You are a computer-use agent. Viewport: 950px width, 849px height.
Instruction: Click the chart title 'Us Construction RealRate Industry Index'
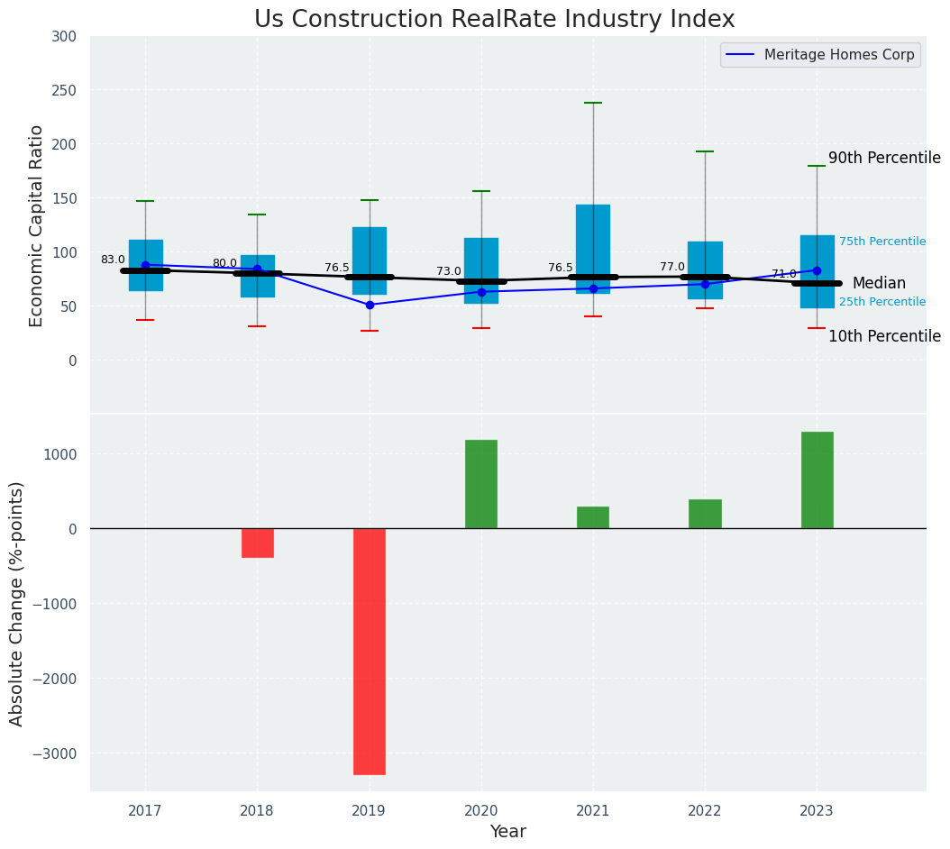[494, 20]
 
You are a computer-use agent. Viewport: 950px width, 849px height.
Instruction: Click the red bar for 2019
[370, 651]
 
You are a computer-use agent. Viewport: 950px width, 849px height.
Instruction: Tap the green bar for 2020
[481, 484]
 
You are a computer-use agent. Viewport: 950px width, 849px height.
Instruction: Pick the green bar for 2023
[817, 479]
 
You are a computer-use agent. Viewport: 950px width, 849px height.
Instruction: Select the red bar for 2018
[258, 543]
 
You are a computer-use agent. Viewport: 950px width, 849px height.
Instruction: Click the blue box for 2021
[593, 249]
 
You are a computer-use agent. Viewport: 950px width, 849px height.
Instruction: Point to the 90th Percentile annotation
[884, 158]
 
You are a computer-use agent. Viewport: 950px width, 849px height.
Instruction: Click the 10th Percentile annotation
[884, 336]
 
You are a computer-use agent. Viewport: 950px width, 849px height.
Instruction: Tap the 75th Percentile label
[882, 242]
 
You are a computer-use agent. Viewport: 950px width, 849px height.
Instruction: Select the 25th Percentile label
[882, 302]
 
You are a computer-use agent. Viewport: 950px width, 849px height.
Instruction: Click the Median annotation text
[879, 283]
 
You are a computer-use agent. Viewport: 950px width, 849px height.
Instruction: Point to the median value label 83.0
[113, 260]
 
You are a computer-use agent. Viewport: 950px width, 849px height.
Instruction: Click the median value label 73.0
[449, 271]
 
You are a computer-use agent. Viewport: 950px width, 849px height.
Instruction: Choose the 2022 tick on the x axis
[705, 810]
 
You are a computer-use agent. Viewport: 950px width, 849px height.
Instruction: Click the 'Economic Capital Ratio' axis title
[37, 225]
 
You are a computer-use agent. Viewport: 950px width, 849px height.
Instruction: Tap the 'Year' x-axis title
[508, 832]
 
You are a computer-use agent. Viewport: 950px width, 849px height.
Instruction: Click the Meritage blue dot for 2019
[370, 305]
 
